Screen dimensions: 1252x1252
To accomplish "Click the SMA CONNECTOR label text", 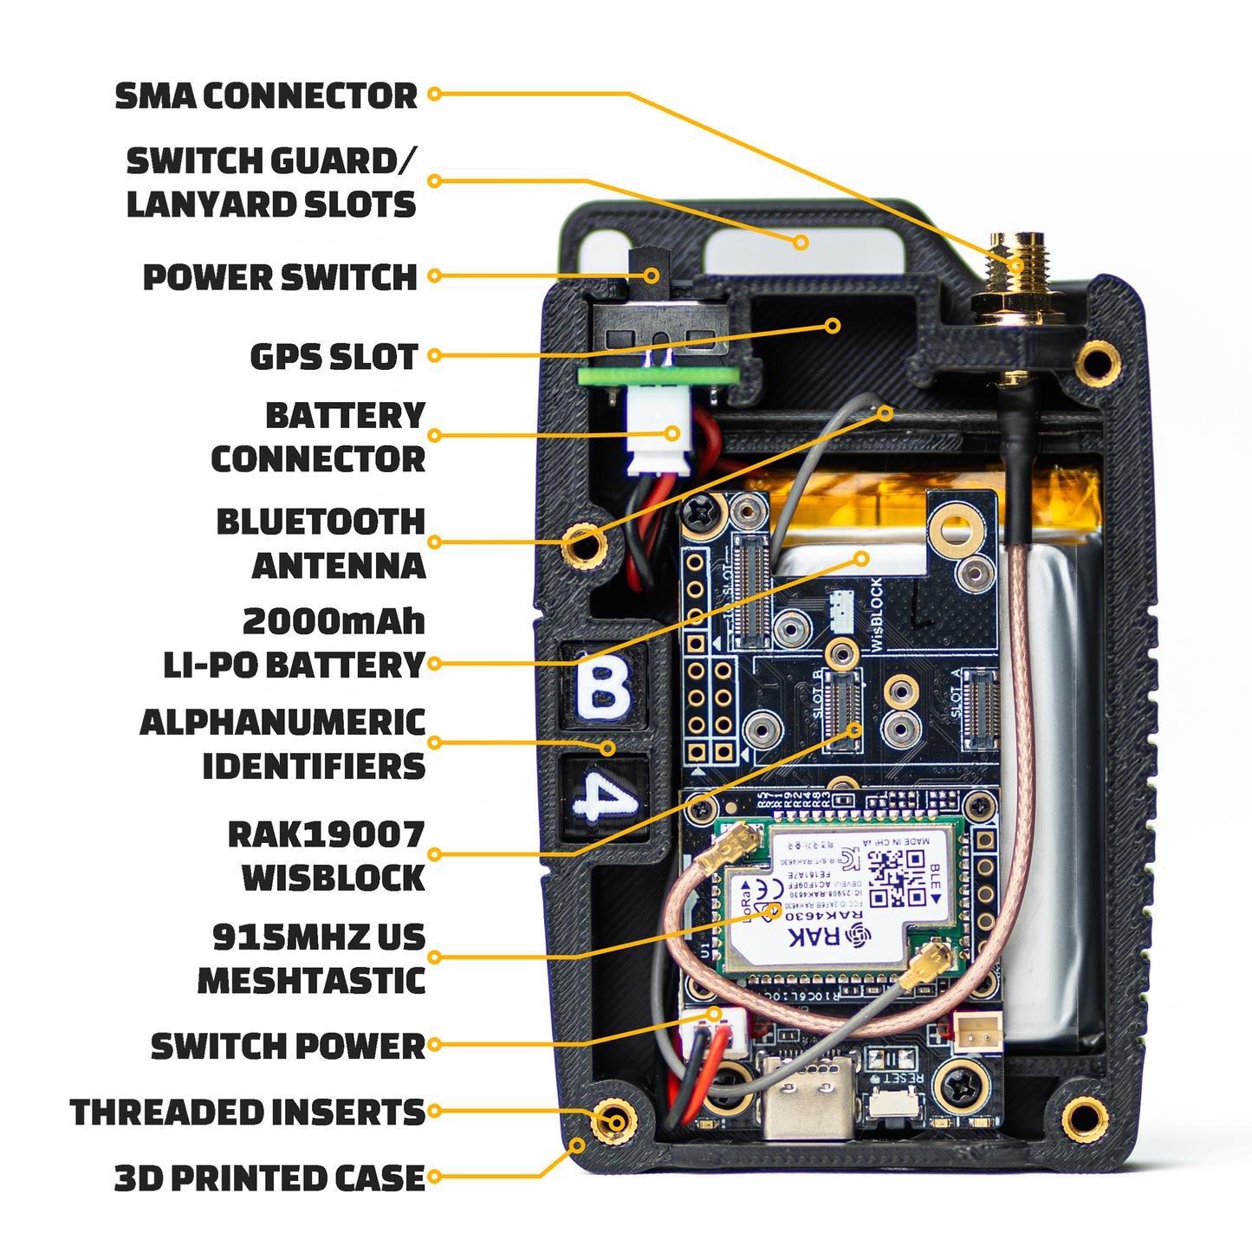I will tap(266, 95).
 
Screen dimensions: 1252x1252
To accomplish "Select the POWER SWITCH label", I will tap(279, 277).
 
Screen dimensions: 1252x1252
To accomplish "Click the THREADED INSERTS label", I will tap(248, 1113).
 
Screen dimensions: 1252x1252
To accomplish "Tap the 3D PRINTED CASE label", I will tap(269, 1178).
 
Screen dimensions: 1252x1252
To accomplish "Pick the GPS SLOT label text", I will tap(334, 356).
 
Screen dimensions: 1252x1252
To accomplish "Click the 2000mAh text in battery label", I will tap(334, 621).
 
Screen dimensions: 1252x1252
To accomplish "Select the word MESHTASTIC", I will tap(311, 981).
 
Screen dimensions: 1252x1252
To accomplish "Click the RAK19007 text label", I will tap(326, 834).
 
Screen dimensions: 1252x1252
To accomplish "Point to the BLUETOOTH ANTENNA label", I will tap(321, 544).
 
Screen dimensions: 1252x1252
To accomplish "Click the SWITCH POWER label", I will tap(288, 1046).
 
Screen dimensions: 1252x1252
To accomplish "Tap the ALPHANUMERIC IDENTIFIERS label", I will tap(282, 744).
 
